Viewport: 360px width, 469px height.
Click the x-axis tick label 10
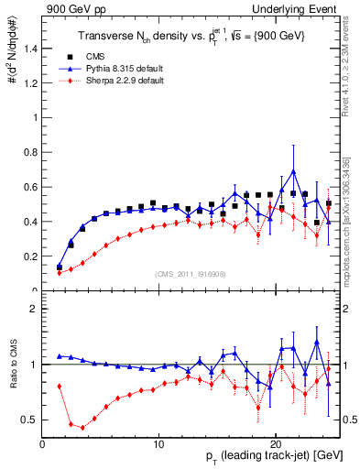point(158,444)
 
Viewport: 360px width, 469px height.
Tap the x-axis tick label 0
point(42,444)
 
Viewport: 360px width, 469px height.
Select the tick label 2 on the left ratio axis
point(34,309)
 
